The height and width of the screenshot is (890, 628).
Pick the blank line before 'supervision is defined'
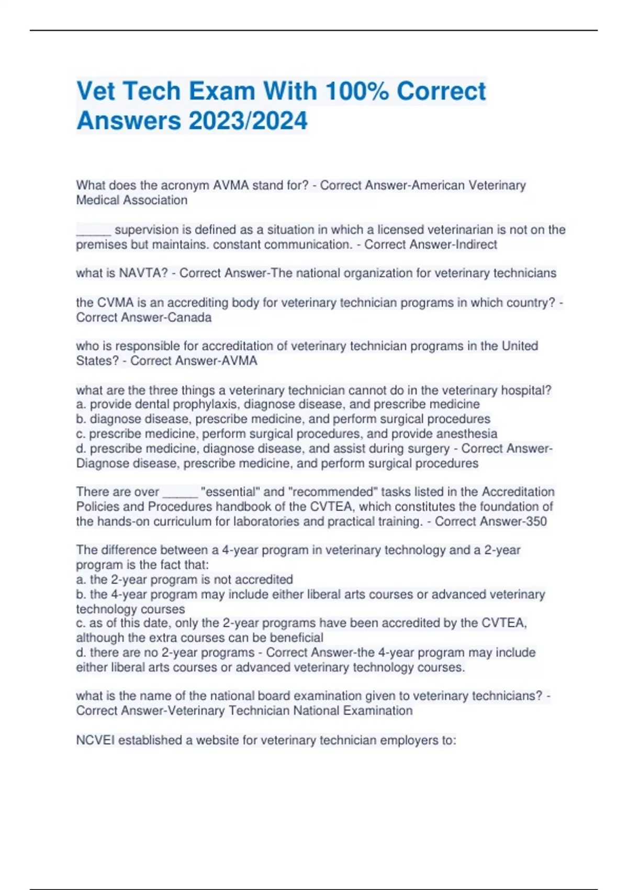94,231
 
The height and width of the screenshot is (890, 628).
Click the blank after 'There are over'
180,493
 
